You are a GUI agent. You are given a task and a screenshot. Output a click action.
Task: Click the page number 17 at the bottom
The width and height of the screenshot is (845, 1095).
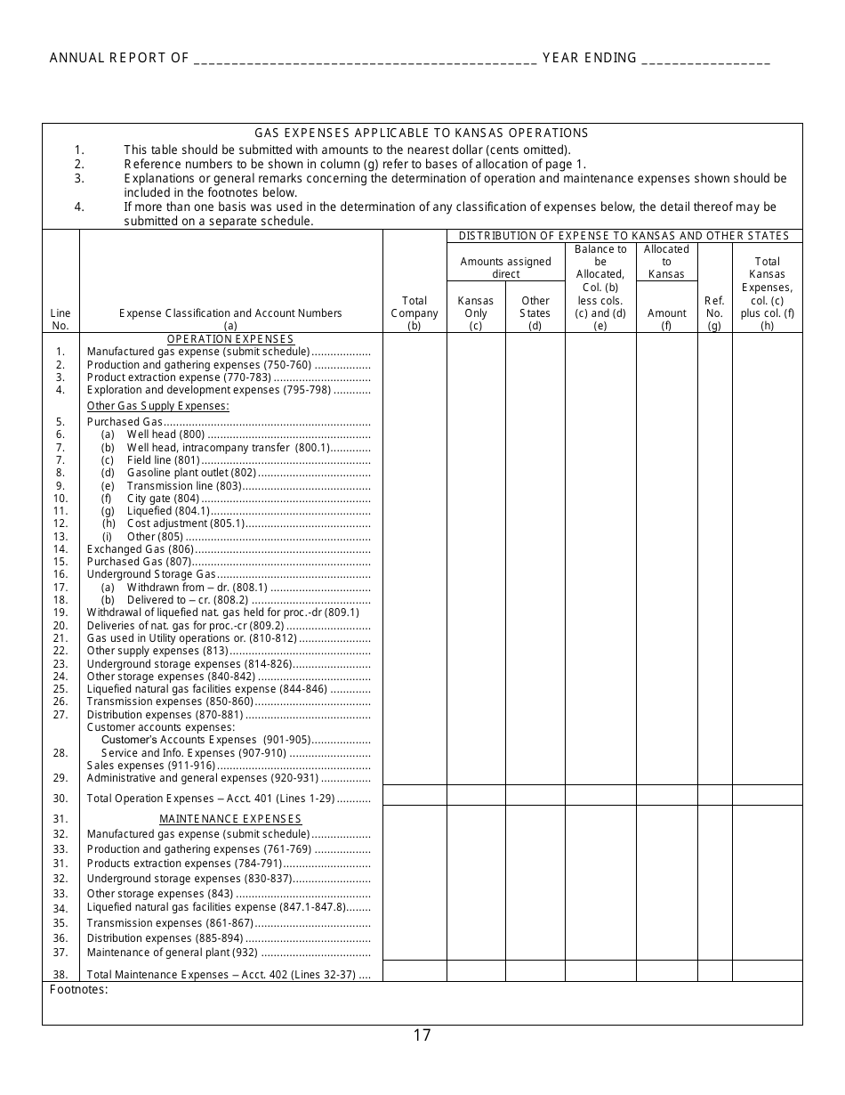(422, 1034)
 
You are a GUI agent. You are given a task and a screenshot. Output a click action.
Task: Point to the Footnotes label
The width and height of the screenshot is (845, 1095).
(79, 989)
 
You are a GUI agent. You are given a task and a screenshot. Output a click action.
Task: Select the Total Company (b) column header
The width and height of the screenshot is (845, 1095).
(414, 312)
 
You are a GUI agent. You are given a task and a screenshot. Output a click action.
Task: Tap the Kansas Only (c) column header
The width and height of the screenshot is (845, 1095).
(476, 312)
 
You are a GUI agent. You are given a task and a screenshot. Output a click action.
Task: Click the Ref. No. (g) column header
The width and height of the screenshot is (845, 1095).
(714, 312)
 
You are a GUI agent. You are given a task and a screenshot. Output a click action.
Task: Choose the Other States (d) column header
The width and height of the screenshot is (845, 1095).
(535, 312)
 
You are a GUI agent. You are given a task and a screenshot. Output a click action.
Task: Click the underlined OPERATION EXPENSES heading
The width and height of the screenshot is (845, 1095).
(230, 339)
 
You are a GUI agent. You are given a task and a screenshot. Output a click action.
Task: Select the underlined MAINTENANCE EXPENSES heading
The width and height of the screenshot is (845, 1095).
(230, 819)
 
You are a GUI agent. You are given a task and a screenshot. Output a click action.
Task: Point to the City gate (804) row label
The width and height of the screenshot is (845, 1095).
(163, 499)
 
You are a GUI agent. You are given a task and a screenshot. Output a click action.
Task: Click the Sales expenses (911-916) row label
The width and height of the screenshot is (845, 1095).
(151, 766)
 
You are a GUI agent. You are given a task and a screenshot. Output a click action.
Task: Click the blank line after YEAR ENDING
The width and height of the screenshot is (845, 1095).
(704, 59)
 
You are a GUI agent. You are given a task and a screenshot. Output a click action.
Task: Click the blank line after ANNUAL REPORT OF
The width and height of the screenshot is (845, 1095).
(364, 59)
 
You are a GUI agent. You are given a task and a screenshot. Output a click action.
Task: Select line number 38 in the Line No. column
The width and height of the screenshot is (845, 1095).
(60, 975)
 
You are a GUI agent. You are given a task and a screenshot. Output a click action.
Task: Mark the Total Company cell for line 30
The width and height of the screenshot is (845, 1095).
(414, 795)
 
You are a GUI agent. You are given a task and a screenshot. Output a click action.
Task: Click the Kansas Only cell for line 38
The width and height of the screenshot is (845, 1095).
(476, 971)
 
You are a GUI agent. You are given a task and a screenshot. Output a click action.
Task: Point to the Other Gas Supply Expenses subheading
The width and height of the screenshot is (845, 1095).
(157, 406)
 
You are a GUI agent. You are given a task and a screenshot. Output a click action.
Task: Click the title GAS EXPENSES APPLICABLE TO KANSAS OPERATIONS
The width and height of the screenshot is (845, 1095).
(422, 134)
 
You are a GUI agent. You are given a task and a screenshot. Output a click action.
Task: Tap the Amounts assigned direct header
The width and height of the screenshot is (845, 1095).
(505, 268)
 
